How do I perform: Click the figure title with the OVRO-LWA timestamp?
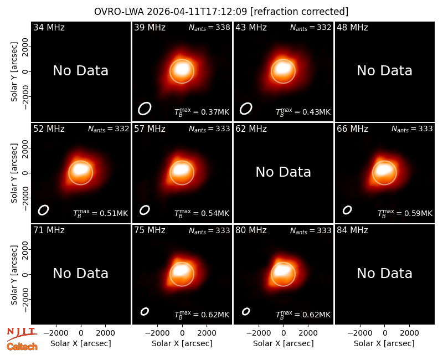[221, 12]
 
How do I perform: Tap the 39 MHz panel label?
[150, 27]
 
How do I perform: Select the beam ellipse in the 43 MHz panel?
[246, 109]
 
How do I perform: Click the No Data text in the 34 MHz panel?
[80, 71]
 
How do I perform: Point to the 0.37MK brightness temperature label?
[202, 112]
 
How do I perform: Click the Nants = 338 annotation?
[209, 27]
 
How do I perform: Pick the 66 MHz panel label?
[352, 129]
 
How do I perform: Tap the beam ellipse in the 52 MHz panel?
[44, 210]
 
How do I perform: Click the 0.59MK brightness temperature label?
[405, 213]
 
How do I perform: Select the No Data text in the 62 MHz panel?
[283, 172]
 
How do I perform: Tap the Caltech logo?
[22, 347]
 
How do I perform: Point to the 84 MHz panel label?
[352, 230]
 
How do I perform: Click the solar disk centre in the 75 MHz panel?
[182, 274]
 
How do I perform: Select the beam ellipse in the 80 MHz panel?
[246, 311]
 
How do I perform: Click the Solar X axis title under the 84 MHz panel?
[384, 343]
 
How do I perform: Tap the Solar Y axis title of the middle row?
[14, 173]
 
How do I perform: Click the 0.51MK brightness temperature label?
[101, 213]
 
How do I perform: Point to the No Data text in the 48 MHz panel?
[384, 71]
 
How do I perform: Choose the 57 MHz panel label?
[150, 129]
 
